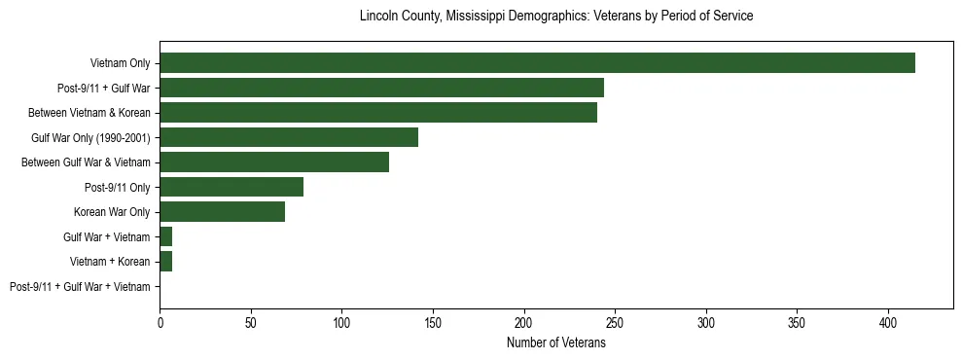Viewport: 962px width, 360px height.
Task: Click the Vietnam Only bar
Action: pyautogui.click(x=537, y=63)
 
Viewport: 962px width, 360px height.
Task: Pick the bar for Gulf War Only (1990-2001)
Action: pyautogui.click(x=289, y=137)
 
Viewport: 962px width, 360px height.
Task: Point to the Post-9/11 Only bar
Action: pyautogui.click(x=232, y=187)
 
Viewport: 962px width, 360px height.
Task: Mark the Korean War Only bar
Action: pyautogui.click(x=223, y=211)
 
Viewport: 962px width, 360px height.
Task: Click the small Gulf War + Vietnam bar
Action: pyautogui.click(x=166, y=236)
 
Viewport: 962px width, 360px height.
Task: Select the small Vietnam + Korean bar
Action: pyautogui.click(x=166, y=261)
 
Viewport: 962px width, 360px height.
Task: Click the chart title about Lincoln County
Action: pyautogui.click(x=556, y=17)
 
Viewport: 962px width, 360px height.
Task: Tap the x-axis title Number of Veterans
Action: pyautogui.click(x=556, y=342)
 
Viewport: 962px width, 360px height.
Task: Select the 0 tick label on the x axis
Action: pyautogui.click(x=160, y=322)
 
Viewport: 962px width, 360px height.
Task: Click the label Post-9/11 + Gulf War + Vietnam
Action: pyautogui.click(x=80, y=286)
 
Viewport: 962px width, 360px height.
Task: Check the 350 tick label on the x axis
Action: pyautogui.click(x=797, y=322)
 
